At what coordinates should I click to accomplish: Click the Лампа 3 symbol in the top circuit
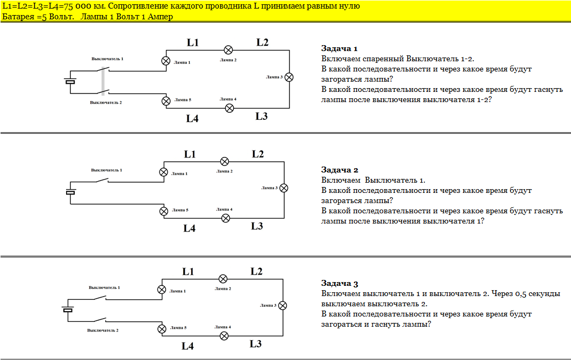pyautogui.click(x=289, y=77)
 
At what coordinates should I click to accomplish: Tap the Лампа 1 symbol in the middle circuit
pyautogui.click(x=164, y=172)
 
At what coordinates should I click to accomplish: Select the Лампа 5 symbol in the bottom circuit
pyautogui.click(x=161, y=329)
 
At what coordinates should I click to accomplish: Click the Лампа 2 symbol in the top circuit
pyautogui.click(x=228, y=50)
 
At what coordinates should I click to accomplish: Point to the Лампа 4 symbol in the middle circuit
pyautogui.click(x=226, y=218)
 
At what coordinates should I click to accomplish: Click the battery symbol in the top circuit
pyautogui.click(x=70, y=82)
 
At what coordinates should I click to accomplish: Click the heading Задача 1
pyautogui.click(x=339, y=48)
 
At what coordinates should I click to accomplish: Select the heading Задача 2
pyautogui.click(x=339, y=170)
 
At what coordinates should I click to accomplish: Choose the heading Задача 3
pyautogui.click(x=339, y=284)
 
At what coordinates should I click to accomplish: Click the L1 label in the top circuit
pyautogui.click(x=193, y=42)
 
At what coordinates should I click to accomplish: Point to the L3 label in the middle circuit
pyautogui.click(x=257, y=226)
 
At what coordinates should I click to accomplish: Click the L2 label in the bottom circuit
pyautogui.click(x=256, y=272)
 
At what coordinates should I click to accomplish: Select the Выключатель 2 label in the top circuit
pyautogui.click(x=106, y=102)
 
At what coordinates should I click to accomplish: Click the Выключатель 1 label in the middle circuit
pyautogui.click(x=106, y=170)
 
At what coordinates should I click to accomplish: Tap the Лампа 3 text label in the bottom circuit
pyautogui.click(x=267, y=305)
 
